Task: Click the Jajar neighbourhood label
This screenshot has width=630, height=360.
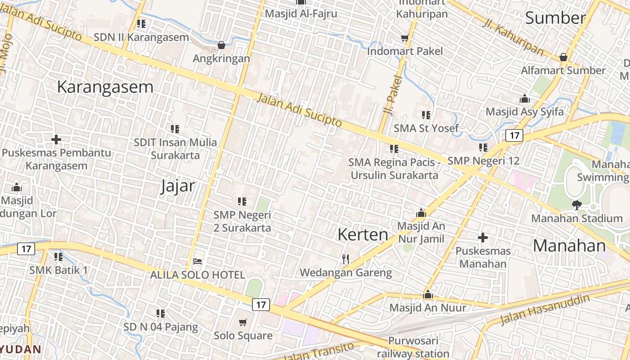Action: pos(178,186)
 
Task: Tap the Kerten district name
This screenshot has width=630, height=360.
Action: pos(363,234)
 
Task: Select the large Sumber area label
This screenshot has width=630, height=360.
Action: pos(555,18)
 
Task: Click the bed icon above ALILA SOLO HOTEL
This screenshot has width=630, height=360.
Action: pos(197,261)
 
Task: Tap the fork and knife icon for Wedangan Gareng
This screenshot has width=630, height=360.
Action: pos(346,259)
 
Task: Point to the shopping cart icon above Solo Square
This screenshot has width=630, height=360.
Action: pos(243,322)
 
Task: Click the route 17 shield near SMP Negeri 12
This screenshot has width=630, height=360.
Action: pos(514,135)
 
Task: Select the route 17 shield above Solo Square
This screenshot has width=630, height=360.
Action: pos(261,305)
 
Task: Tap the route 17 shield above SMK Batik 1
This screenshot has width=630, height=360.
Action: pos(26,248)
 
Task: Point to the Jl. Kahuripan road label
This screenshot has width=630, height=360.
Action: pos(513,36)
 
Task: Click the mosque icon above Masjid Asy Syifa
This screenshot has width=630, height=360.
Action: pos(524,99)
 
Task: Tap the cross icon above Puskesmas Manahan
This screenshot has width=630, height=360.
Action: pos(483,237)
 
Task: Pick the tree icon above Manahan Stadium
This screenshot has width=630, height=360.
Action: pos(576,205)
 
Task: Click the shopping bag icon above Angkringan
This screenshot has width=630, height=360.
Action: pos(221,45)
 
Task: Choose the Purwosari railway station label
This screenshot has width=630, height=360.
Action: pos(413,347)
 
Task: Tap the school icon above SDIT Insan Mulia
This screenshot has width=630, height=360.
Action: pos(175,129)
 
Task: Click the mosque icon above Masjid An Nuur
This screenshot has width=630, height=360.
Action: pos(428,295)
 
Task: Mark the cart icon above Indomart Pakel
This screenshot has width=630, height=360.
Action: pos(405,38)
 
